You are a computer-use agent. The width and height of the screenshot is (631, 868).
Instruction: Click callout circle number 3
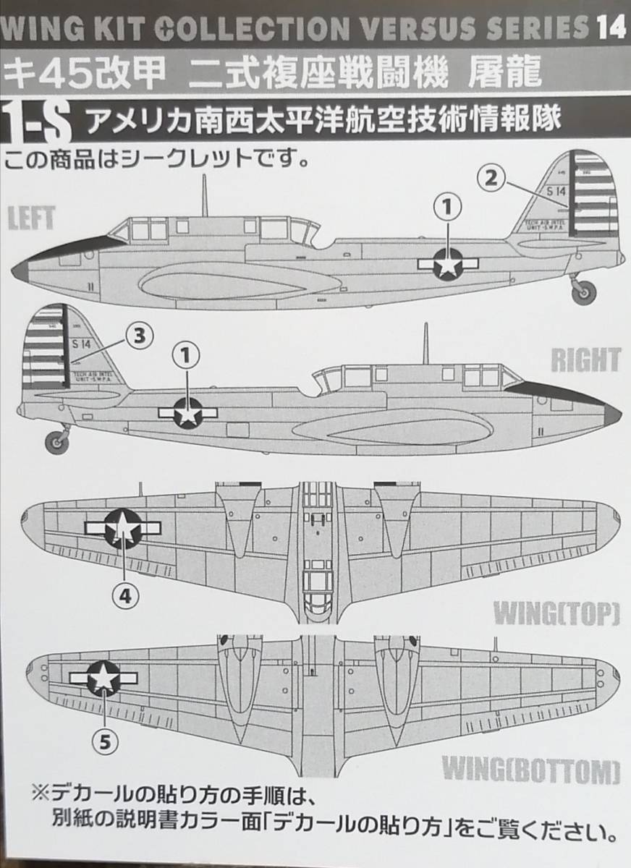[x=140, y=334]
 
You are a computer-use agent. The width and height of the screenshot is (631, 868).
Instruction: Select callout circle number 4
[x=124, y=595]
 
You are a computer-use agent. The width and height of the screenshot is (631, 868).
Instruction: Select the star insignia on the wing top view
[x=124, y=528]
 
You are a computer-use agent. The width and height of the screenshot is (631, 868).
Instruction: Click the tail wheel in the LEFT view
[x=582, y=292]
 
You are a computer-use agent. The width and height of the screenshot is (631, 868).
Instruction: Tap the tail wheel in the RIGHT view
[x=56, y=440]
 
